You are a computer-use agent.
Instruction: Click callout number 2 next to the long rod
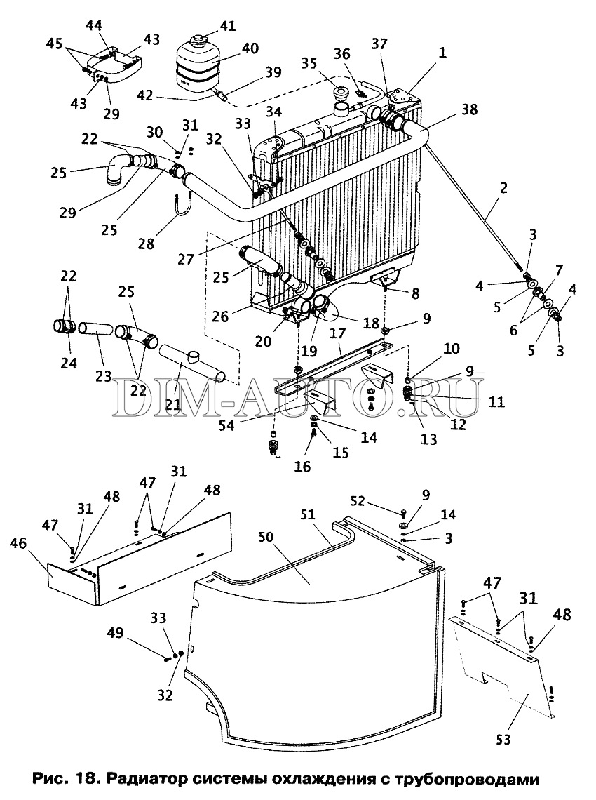503,188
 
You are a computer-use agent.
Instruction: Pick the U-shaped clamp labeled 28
182,208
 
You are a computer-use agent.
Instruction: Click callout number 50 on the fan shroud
266,538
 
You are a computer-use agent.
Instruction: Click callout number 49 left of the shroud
115,633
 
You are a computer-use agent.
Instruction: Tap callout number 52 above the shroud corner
358,502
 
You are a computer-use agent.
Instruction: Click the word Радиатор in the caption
142,780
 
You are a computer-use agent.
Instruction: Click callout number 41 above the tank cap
228,25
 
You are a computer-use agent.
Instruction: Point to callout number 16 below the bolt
302,467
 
